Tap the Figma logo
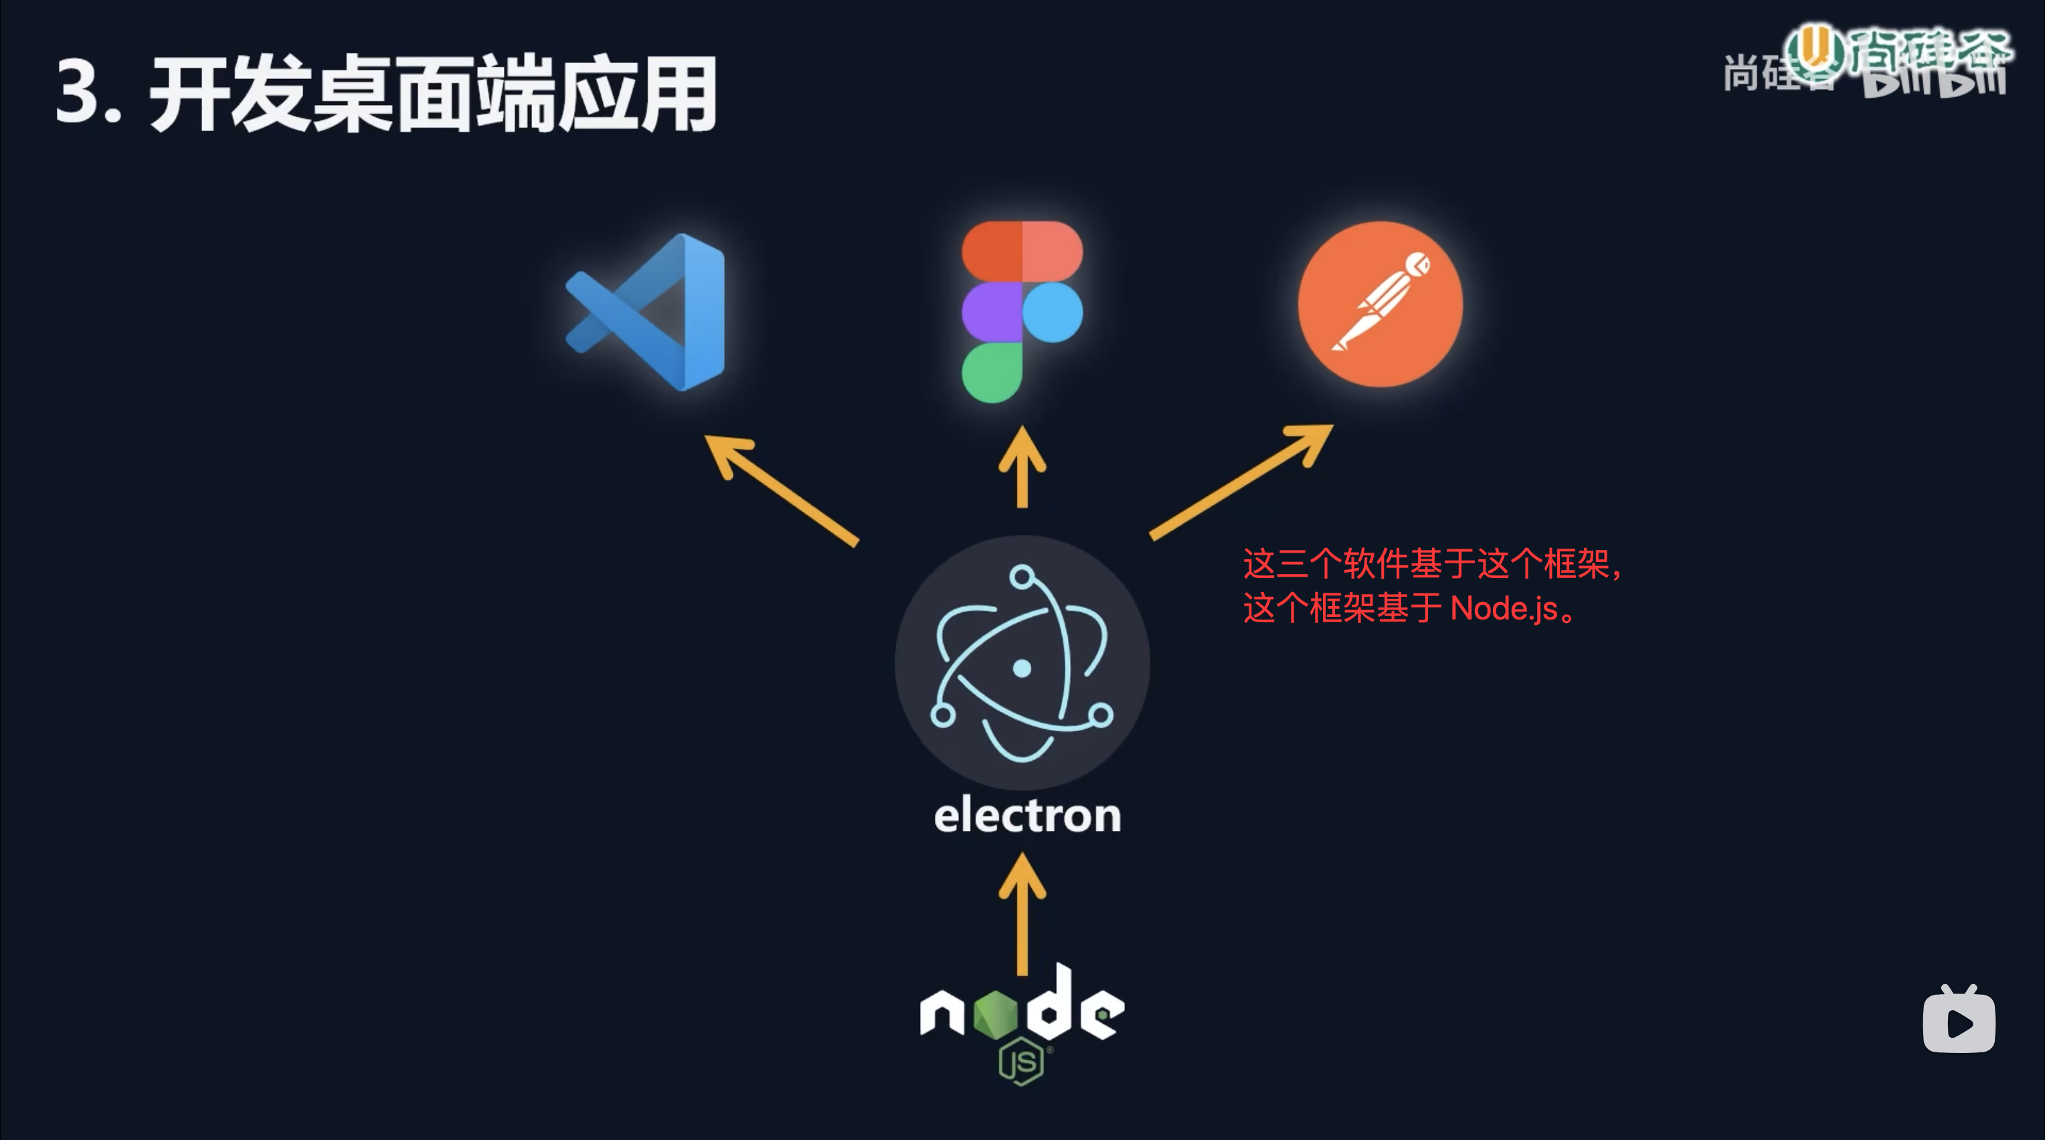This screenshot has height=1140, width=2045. pos(1022,311)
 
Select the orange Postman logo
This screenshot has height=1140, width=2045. pos(1380,304)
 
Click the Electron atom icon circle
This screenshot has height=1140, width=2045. pos(1022,663)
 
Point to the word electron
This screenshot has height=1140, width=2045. pos(1027,816)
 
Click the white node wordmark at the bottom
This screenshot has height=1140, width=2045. pos(1022,1007)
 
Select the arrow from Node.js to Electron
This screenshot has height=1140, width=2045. pos(1022,913)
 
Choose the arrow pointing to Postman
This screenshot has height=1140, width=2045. pos(1243,481)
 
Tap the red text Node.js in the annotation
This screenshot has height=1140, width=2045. pos(1504,609)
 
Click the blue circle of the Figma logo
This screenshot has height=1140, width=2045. pos(1053,312)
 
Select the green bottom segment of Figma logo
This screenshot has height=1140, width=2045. pos(992,373)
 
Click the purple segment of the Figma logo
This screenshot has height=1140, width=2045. pos(992,312)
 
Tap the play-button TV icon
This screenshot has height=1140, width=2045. pos(1959,1021)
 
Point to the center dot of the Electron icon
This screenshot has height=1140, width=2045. pos(1022,668)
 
